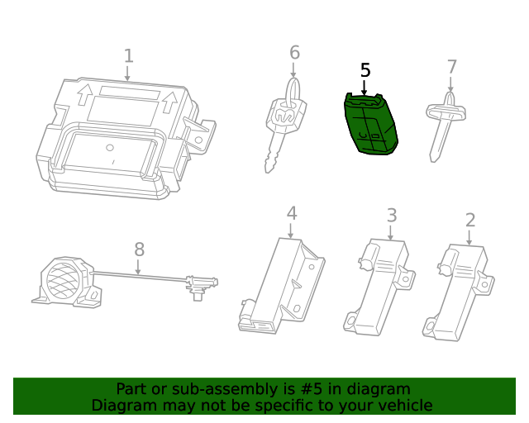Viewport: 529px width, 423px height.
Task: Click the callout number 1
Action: pyautogui.click(x=128, y=56)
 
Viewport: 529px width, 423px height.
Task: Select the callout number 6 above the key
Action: pyautogui.click(x=294, y=53)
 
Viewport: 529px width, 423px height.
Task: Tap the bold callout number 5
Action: pyautogui.click(x=365, y=70)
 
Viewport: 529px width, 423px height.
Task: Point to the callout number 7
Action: pyautogui.click(x=451, y=67)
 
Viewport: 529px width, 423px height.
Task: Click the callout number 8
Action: pyautogui.click(x=139, y=249)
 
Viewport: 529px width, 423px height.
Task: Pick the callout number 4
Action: pyautogui.click(x=291, y=213)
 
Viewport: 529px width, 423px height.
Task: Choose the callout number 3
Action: pyautogui.click(x=391, y=216)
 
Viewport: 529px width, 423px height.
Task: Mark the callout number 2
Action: pyautogui.click(x=469, y=220)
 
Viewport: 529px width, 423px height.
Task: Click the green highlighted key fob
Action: pyautogui.click(x=369, y=124)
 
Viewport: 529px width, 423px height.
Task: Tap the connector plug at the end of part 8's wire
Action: pyautogui.click(x=200, y=286)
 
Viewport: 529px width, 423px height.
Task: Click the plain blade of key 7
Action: pyautogui.click(x=439, y=140)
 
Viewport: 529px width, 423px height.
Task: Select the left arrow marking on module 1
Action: pyautogui.click(x=85, y=97)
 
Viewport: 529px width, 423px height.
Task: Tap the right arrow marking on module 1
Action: pyautogui.click(x=171, y=103)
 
